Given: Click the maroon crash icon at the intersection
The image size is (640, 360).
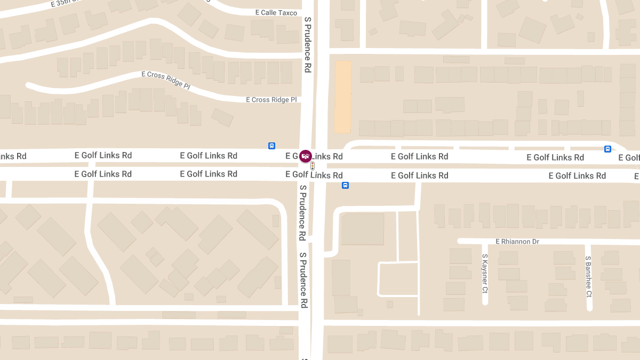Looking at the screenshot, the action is pyautogui.click(x=306, y=156).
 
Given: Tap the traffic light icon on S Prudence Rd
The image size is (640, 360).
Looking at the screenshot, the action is pyautogui.click(x=313, y=166).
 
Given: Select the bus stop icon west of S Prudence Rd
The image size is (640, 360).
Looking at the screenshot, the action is pyautogui.click(x=271, y=146).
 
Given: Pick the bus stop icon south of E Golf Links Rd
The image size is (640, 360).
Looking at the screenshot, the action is pyautogui.click(x=345, y=186).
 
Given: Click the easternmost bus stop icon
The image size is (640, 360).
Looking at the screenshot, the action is pyautogui.click(x=607, y=149).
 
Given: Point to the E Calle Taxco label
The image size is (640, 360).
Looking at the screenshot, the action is pyautogui.click(x=276, y=13).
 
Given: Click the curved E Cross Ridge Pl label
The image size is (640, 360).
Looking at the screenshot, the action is pyautogui.click(x=165, y=80).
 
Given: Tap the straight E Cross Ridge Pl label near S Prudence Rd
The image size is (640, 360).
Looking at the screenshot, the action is pyautogui.click(x=271, y=100).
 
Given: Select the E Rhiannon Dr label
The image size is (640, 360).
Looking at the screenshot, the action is pyautogui.click(x=517, y=242).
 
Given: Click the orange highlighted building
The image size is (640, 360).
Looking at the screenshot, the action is pyautogui.click(x=343, y=97).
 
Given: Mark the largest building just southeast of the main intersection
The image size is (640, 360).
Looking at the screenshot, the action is pyautogui.click(x=362, y=229).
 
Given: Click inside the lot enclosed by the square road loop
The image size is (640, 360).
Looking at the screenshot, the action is pyautogui.click(x=397, y=278).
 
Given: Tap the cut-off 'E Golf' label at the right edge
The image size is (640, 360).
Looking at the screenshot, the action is pyautogui.click(x=629, y=157).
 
